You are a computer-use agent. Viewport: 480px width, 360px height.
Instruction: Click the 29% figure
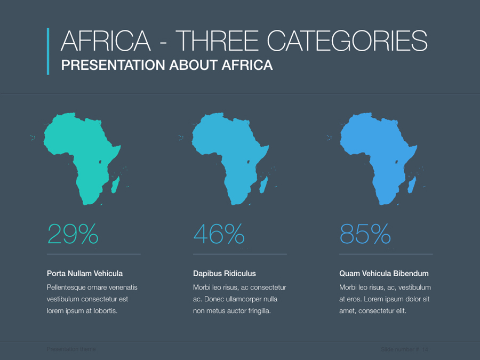73,234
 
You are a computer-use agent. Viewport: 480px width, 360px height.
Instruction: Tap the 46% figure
219,234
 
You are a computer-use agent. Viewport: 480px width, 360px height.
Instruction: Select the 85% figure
365,234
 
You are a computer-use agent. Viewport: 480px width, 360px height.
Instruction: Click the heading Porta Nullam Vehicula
85,274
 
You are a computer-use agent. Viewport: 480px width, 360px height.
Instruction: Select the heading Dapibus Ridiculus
225,274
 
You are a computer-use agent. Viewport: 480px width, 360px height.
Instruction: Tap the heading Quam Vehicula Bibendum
384,274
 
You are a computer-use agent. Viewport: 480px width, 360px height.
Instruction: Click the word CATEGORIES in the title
347,41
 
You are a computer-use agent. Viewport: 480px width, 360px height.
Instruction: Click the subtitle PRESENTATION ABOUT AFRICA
167,65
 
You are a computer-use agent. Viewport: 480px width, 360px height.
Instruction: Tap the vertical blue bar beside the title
48,51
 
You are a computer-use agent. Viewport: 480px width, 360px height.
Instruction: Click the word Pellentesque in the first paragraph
68,287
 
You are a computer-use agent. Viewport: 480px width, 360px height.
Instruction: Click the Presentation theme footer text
71,349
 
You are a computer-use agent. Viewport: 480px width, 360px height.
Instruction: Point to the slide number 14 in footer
425,349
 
